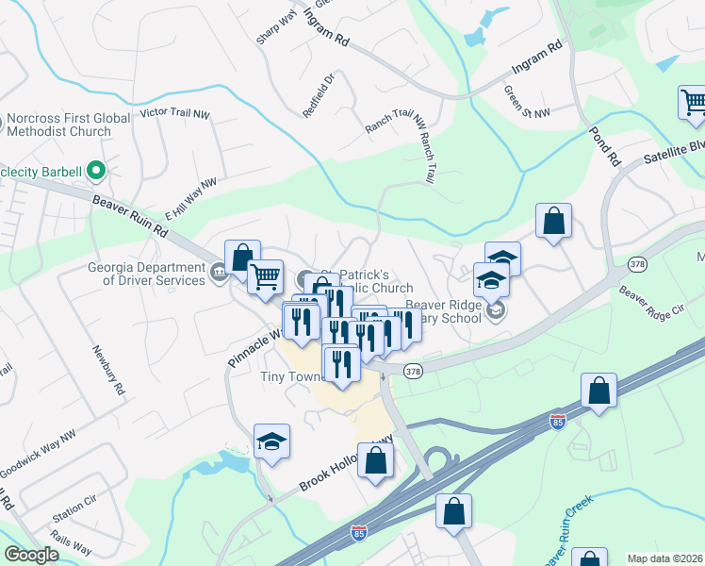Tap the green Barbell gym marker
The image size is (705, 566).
click(x=94, y=171)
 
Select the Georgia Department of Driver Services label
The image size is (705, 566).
click(x=146, y=274)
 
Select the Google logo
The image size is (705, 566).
click(x=31, y=555)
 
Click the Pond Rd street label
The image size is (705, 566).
click(x=604, y=147)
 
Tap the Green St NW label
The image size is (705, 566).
click(x=526, y=102)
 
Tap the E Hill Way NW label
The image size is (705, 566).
click(x=190, y=199)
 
